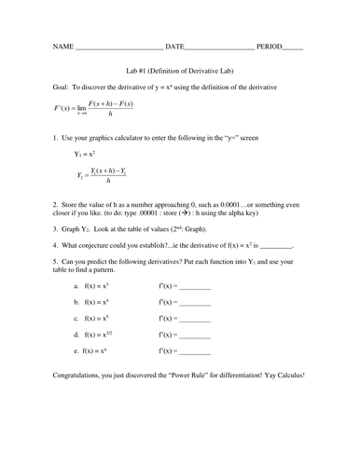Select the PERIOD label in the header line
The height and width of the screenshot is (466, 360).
(270, 45)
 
